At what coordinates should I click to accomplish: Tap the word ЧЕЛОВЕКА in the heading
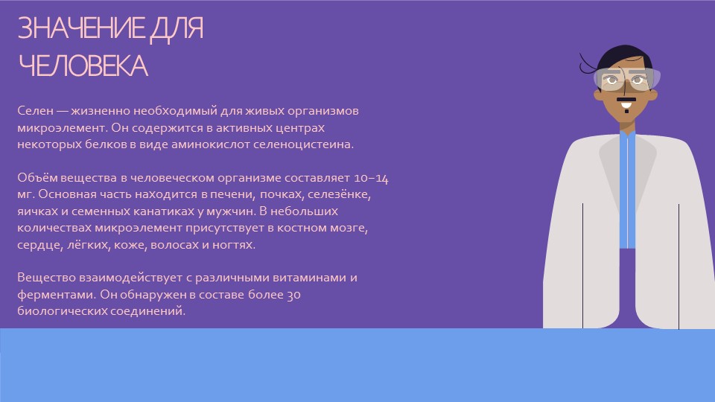pos(83,66)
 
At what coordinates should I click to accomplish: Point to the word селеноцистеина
pos(303,144)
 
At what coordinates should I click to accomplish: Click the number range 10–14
pos(371,178)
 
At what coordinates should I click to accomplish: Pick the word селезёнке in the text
pos(340,194)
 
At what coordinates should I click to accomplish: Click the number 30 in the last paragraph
pos(293,295)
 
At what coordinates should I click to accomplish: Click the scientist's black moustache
pos(626,99)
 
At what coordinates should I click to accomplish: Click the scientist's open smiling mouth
pos(626,108)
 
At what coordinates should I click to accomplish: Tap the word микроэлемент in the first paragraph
pos(62,128)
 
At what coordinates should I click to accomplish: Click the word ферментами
pos(57,295)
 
